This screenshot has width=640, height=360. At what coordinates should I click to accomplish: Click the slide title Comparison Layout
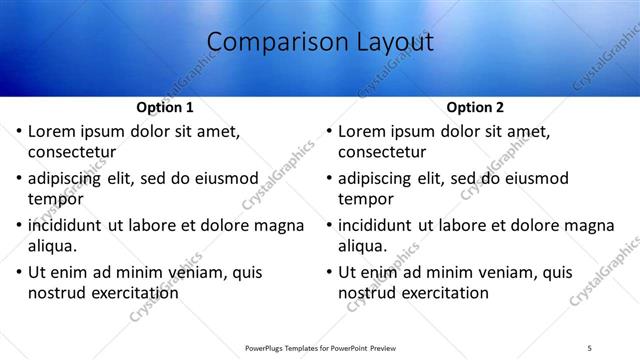click(x=320, y=43)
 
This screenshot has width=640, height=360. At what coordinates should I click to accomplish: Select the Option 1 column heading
click(x=164, y=107)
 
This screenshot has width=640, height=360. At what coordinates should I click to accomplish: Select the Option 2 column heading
click(x=474, y=107)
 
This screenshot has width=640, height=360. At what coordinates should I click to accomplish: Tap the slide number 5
click(x=590, y=347)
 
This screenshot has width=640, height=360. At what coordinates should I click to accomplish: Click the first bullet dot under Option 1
click(x=18, y=132)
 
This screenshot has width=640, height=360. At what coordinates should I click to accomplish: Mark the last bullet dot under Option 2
click(x=328, y=272)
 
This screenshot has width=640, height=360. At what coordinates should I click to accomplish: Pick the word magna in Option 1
click(x=280, y=225)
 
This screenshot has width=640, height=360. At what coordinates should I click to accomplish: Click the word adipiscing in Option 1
click(x=69, y=179)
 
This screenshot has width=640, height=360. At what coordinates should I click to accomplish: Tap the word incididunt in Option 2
click(x=379, y=225)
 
